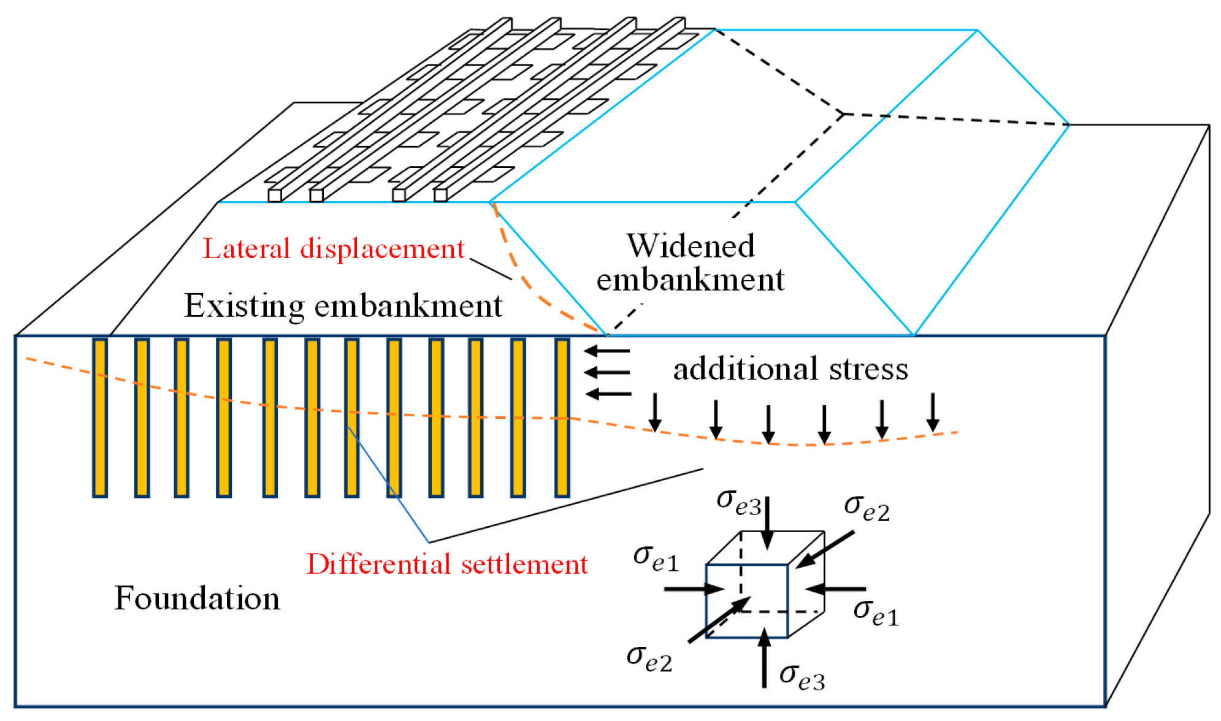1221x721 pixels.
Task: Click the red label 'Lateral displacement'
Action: tap(333, 249)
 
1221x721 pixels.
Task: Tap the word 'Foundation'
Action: tap(197, 598)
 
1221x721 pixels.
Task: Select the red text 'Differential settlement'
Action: tap(446, 563)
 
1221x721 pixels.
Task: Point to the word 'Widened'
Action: tap(690, 246)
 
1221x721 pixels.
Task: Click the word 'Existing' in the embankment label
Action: tap(244, 305)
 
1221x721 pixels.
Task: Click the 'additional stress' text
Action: tap(790, 368)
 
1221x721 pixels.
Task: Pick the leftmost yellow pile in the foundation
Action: tap(100, 417)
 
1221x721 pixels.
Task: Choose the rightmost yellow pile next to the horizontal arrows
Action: tap(562, 417)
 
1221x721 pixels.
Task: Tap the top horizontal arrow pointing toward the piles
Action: tap(607, 351)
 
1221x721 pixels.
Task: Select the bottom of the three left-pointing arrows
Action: tap(607, 393)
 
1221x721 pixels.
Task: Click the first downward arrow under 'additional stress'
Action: tap(655, 413)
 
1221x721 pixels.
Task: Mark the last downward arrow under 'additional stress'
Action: tap(933, 413)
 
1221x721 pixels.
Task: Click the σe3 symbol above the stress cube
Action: tap(738, 502)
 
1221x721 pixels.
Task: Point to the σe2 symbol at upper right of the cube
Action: tap(866, 507)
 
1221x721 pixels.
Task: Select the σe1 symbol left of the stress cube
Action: tap(656, 557)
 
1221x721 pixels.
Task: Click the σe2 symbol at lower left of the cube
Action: tap(649, 658)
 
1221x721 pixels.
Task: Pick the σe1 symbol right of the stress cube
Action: tap(876, 612)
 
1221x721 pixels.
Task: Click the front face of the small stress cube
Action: tap(746, 601)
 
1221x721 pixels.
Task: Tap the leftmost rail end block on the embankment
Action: tap(275, 196)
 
